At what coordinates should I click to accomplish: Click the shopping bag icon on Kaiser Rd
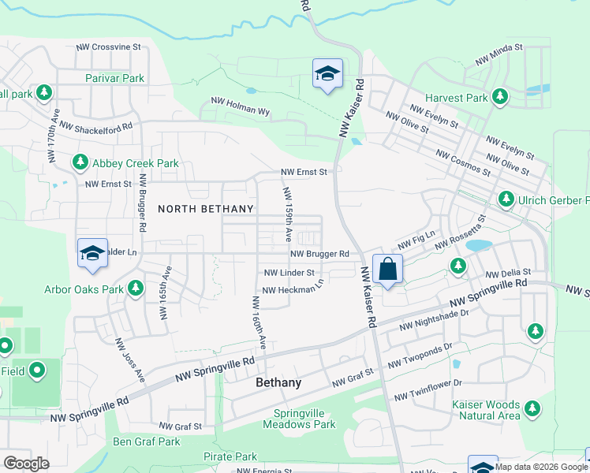(388, 269)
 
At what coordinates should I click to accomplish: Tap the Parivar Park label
(115, 78)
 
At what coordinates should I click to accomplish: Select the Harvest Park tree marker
(499, 97)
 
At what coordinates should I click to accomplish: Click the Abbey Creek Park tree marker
(80, 162)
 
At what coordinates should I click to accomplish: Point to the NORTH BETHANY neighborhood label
(206, 209)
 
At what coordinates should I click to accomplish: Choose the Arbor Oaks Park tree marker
(136, 289)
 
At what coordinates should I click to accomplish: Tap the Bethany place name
(278, 382)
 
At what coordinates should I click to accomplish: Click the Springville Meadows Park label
(304, 419)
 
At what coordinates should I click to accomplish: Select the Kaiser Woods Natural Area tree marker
(533, 408)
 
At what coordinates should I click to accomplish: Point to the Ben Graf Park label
(146, 441)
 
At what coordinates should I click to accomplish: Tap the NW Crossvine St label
(108, 47)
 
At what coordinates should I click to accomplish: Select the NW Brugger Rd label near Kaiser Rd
(319, 254)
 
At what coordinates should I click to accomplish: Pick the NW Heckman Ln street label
(293, 289)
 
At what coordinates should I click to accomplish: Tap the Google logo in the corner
(26, 464)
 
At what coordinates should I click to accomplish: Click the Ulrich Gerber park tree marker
(506, 200)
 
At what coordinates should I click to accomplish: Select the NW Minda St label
(499, 54)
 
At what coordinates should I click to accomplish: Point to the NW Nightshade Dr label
(434, 319)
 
